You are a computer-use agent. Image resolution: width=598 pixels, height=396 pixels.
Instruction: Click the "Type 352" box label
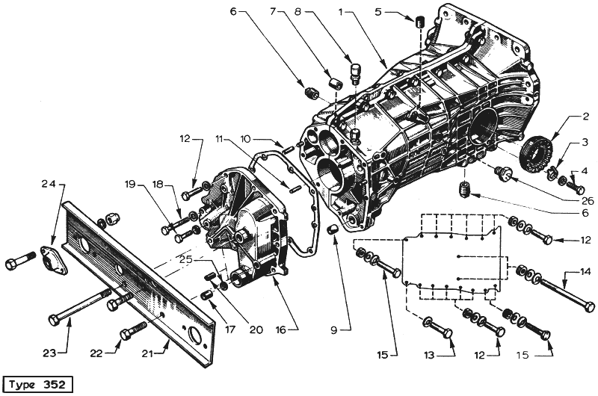pyautogui.click(x=37, y=384)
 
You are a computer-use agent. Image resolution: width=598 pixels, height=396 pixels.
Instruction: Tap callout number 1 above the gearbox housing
pyautogui.click(x=341, y=12)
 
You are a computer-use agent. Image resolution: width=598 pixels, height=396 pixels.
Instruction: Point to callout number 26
pyautogui.click(x=588, y=200)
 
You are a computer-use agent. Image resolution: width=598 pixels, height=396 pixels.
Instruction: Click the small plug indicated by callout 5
pyautogui.click(x=419, y=22)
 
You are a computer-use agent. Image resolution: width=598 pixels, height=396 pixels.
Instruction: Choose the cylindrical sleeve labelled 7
pyautogui.click(x=334, y=82)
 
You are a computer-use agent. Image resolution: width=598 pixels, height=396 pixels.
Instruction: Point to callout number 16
pyautogui.click(x=281, y=330)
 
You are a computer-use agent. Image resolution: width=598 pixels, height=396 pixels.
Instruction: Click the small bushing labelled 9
pyautogui.click(x=332, y=229)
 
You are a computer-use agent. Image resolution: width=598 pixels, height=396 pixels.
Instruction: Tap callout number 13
pyautogui.click(x=429, y=355)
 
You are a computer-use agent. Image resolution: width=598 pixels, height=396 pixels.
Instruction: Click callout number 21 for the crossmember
pyautogui.click(x=147, y=354)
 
